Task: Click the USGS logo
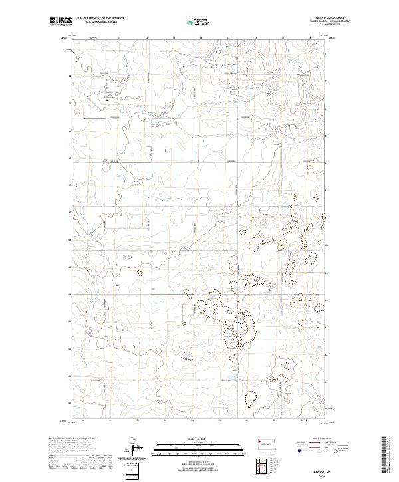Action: (x=61, y=22)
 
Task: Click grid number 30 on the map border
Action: (x=84, y=420)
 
